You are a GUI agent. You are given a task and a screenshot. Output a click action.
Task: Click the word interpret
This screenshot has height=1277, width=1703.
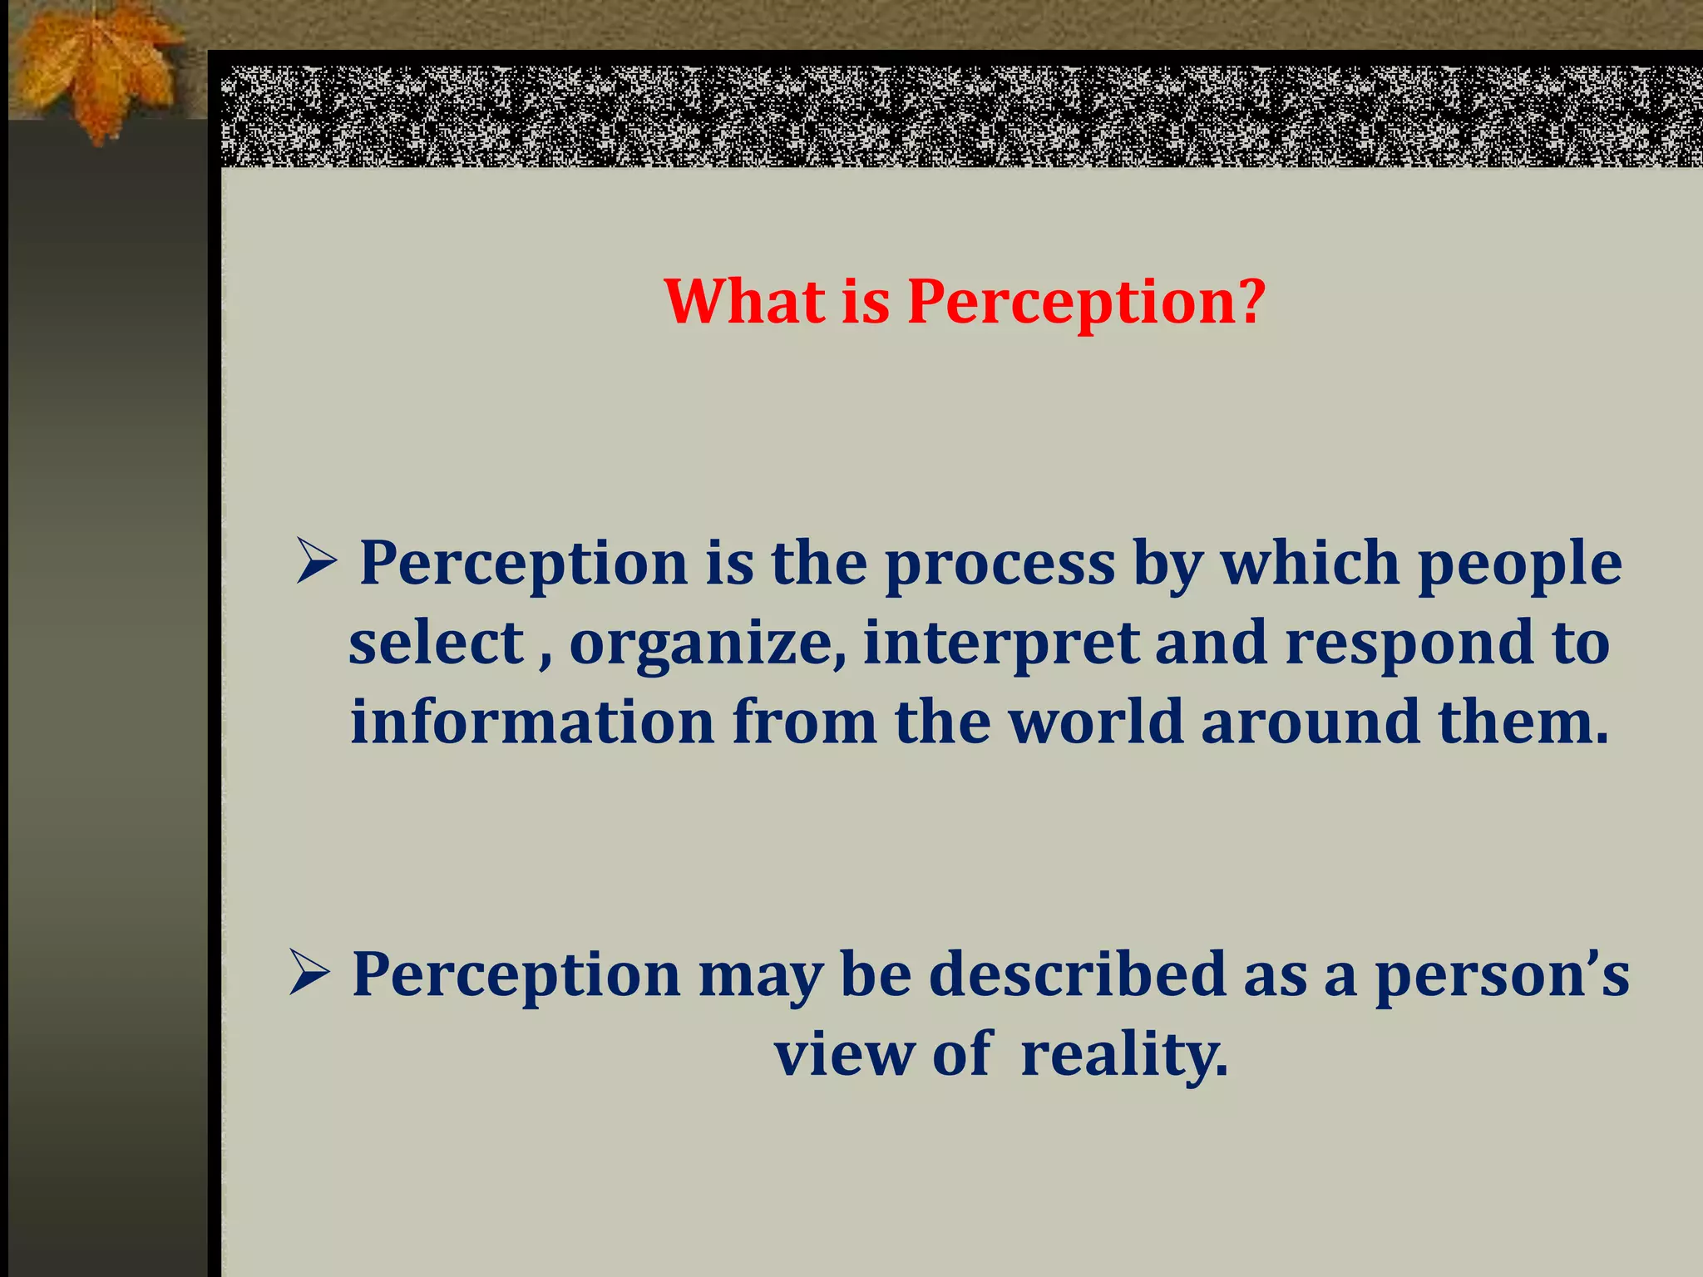1000,644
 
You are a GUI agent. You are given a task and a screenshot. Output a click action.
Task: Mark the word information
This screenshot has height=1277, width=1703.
532,722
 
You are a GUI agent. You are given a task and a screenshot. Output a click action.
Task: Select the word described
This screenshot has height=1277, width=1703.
1077,974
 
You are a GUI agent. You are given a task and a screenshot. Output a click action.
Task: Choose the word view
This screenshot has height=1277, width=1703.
844,1053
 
